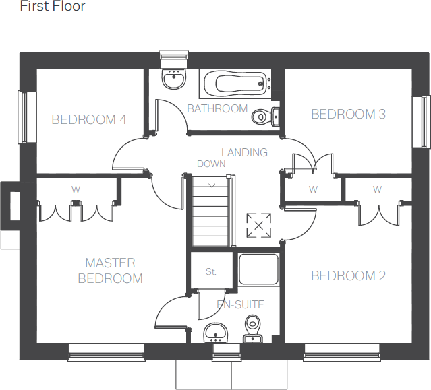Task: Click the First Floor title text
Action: click(53, 7)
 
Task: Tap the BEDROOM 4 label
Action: click(89, 120)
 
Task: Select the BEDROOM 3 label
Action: click(348, 115)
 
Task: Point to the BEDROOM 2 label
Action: click(348, 275)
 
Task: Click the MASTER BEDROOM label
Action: click(110, 271)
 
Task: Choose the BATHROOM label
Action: click(217, 108)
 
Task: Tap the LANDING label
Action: click(244, 153)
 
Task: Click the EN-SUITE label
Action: click(240, 305)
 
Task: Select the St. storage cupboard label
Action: click(210, 272)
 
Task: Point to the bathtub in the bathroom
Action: click(236, 85)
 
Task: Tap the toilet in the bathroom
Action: click(263, 117)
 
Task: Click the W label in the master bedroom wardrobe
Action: click(76, 190)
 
